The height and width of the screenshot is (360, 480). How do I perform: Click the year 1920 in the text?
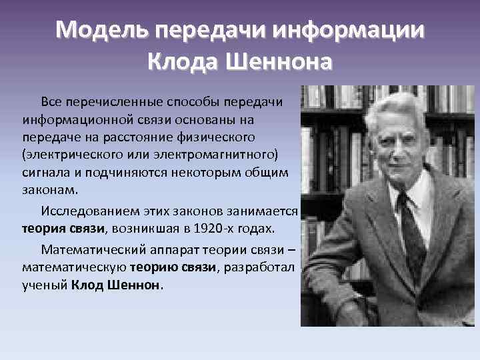(205, 229)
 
